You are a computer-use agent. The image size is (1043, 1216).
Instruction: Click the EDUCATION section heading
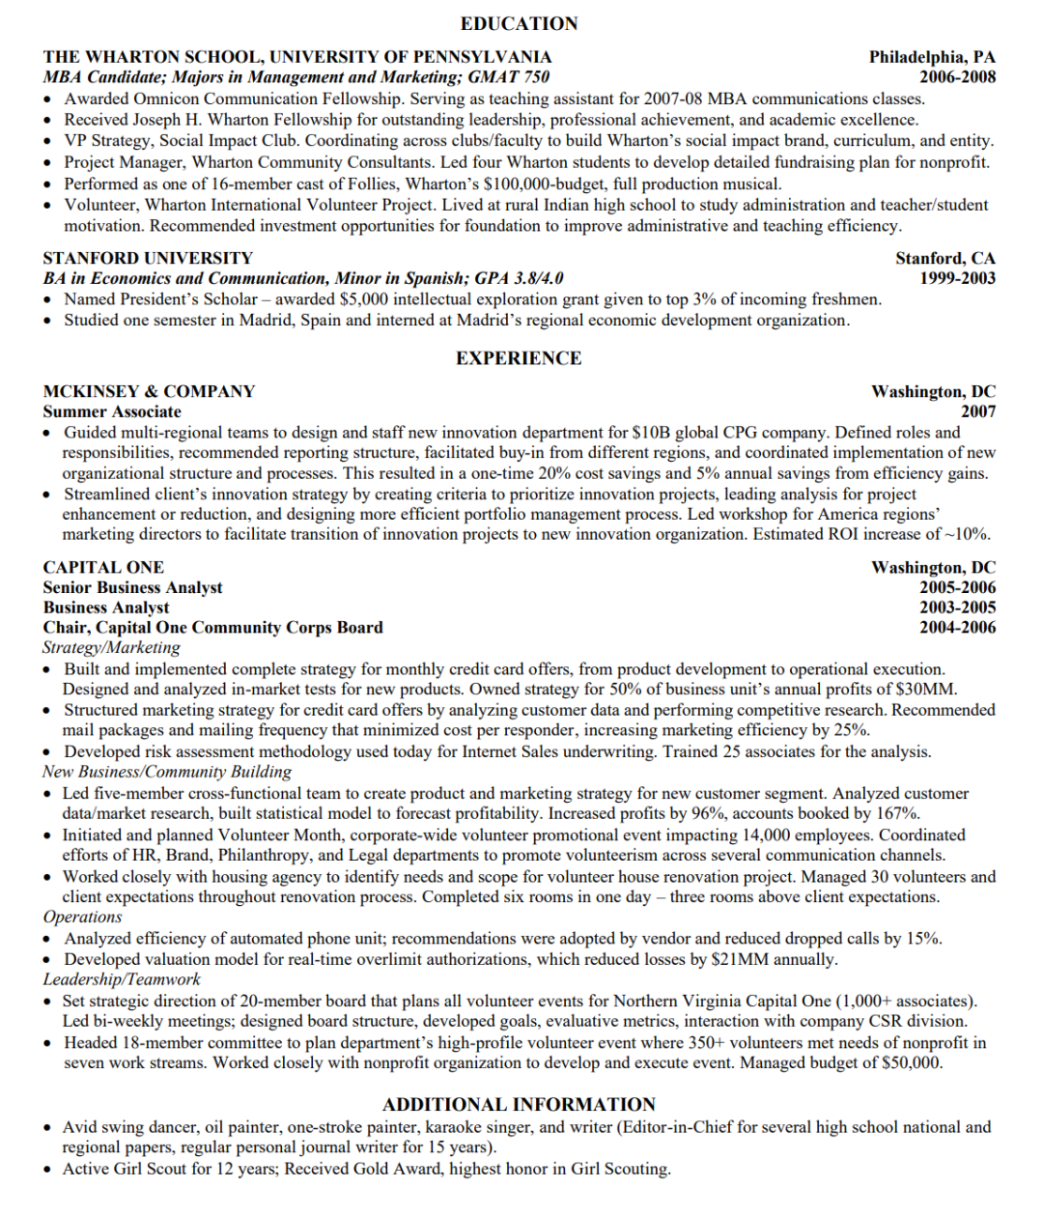pos(519,23)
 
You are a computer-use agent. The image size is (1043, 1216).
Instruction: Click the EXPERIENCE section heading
pos(519,358)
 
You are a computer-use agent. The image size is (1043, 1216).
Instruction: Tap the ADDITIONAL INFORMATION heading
pos(519,1104)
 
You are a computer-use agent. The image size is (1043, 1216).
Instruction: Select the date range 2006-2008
pos(957,77)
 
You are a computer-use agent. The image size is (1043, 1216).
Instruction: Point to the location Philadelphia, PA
pos(932,57)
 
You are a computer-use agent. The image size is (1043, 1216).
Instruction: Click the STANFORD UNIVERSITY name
pos(148,258)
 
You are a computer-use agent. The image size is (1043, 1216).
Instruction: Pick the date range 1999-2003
pos(957,278)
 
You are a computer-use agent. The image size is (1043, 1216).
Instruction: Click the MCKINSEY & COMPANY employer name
pos(149,391)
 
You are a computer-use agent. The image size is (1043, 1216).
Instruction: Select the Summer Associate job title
pos(112,411)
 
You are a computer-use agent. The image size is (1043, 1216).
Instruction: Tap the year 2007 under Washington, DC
pos(977,411)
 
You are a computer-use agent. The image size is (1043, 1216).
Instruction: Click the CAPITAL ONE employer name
pos(103,567)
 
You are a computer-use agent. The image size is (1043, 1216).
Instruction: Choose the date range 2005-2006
pos(957,587)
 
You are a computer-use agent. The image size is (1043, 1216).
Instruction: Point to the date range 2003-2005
pos(957,608)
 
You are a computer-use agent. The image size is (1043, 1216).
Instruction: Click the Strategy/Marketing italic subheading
pos(111,647)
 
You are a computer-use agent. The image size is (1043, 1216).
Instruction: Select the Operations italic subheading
pos(83,917)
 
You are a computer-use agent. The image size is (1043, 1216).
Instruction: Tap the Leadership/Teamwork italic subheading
pos(122,979)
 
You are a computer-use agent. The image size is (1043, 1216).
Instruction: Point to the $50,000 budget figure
pos(911,1062)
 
